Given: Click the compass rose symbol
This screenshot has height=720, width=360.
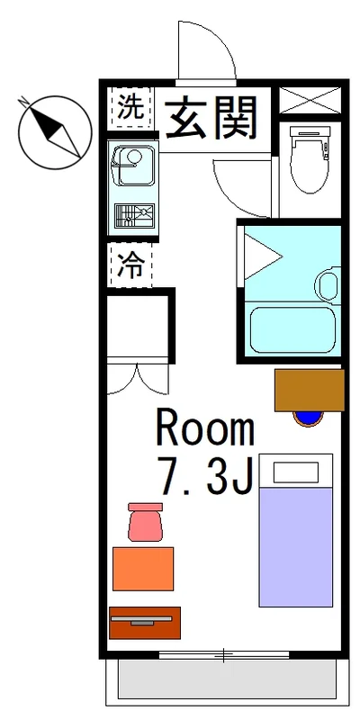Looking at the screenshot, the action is [55, 132].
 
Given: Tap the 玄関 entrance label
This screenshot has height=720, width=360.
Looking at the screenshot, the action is [211, 118].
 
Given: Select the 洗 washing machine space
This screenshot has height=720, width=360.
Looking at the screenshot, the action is [130, 107].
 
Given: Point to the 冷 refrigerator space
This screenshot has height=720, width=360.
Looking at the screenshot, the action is [130, 265].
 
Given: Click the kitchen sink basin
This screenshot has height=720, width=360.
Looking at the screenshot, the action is [134, 166].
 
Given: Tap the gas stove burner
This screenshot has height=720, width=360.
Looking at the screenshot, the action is [134, 216].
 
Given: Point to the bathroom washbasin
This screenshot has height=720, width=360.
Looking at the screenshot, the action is [328, 285].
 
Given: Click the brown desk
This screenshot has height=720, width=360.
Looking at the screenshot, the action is [310, 390].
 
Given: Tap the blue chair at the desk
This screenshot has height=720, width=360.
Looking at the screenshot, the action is [308, 418].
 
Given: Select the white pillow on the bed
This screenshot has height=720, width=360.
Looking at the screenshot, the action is [296, 472].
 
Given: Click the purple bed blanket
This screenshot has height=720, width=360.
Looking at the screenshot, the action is [296, 547].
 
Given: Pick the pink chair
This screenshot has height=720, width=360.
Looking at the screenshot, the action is [146, 522].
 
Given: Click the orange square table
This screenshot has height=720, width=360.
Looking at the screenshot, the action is [143, 569].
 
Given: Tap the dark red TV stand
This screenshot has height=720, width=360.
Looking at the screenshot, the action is [145, 623].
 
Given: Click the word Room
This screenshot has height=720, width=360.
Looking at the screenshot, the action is [205, 428].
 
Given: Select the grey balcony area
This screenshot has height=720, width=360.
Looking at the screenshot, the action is [227, 679].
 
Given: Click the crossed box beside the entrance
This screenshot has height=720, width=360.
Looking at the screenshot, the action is [310, 100].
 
